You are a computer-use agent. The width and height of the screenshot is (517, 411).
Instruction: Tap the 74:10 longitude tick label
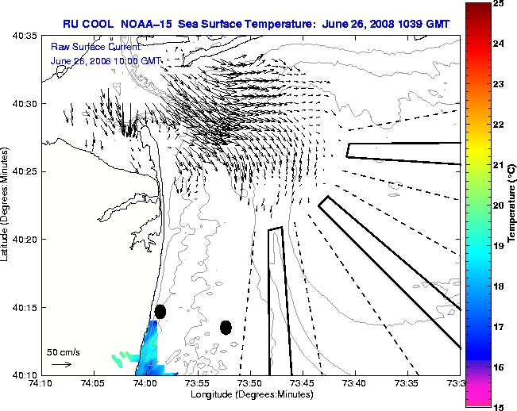click(41, 382)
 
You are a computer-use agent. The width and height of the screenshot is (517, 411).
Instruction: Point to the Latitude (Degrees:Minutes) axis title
click(6, 205)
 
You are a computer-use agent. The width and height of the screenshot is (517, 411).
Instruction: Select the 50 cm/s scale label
click(64, 351)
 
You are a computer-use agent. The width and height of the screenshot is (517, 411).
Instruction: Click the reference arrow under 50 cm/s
click(61, 364)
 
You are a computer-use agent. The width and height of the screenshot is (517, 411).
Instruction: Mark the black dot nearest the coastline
click(160, 311)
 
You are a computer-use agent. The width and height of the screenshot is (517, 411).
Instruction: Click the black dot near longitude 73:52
click(226, 327)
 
